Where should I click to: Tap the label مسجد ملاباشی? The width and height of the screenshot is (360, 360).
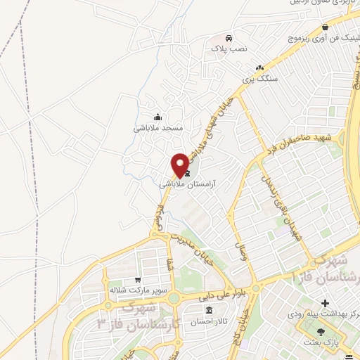(158, 129)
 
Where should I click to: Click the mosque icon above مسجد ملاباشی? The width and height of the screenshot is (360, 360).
(158, 117)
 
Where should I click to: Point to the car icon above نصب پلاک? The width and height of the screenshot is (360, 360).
(229, 37)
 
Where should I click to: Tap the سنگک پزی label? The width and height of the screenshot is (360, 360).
(260, 79)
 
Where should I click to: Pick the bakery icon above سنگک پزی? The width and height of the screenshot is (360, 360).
(260, 67)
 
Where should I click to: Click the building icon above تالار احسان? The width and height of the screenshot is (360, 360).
(209, 310)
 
